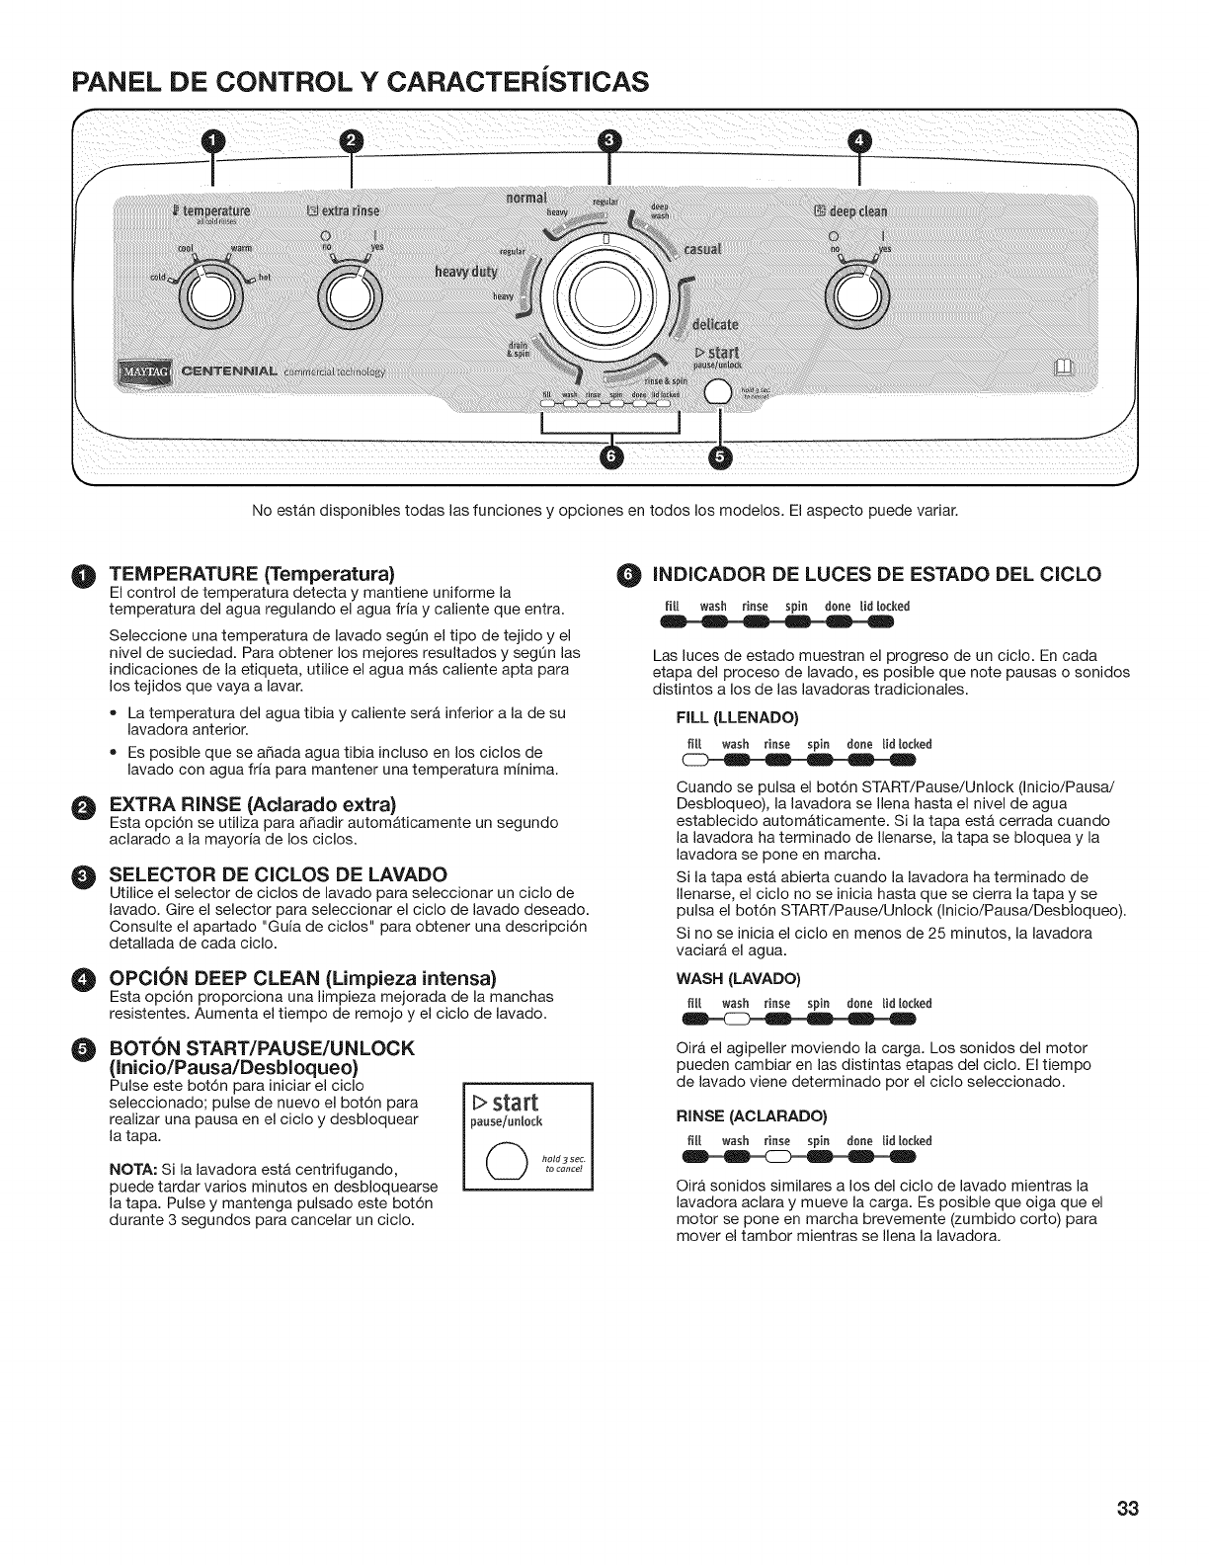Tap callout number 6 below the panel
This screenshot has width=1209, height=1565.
612,458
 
